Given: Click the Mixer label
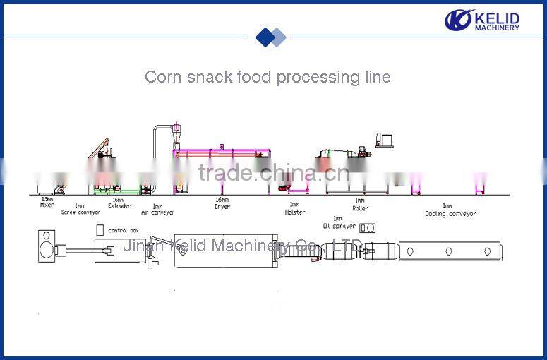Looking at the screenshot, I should (47, 205).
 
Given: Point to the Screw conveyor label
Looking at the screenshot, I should (80, 212).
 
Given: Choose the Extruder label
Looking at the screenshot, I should (119, 206).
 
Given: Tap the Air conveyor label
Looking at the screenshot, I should (157, 212).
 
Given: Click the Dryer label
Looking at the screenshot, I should (222, 206).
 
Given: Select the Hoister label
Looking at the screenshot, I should (295, 212).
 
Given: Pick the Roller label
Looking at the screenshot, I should (360, 208).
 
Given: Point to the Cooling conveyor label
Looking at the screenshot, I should (450, 213).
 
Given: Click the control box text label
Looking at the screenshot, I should (124, 231).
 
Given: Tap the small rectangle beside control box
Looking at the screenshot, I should (100, 229).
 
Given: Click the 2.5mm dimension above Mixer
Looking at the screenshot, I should (47, 200).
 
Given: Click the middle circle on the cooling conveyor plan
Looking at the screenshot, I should (447, 251).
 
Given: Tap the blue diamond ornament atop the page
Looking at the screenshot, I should (271, 37).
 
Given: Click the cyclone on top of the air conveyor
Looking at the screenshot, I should (176, 133).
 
